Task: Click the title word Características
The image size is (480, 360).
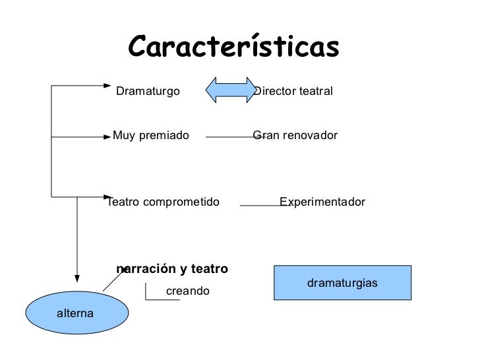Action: [233, 47]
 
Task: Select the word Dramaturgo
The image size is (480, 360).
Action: [148, 91]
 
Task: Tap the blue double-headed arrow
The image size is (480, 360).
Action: [231, 90]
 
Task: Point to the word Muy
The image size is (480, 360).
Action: [123, 136]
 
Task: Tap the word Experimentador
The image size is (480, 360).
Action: [322, 202]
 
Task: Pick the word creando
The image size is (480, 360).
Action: [187, 291]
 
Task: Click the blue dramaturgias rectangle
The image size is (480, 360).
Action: [342, 283]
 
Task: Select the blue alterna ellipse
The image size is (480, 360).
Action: [76, 313]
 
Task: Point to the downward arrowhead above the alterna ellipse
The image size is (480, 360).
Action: [77, 278]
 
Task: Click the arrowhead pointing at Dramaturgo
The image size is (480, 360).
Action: [109, 85]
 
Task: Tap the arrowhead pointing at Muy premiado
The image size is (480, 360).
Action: [109, 137]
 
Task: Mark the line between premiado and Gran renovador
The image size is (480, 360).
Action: [229, 137]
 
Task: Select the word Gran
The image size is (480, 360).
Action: [264, 136]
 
